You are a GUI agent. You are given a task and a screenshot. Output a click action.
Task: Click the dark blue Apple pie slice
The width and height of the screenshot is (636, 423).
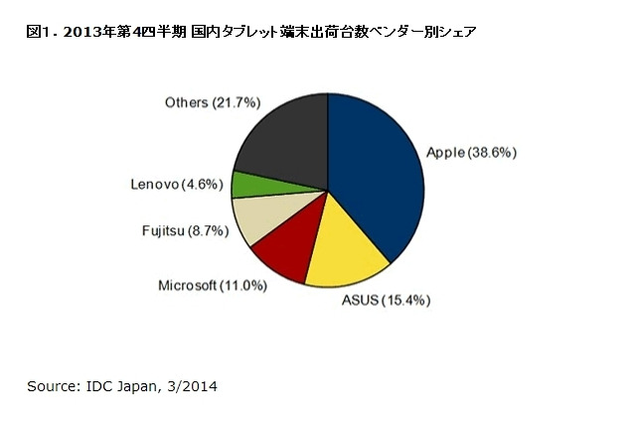click(383, 179)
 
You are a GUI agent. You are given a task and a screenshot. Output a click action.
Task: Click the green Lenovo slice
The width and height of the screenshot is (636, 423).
click(246, 184)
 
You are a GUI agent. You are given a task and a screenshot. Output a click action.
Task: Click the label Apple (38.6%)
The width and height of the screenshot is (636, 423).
click(471, 152)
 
